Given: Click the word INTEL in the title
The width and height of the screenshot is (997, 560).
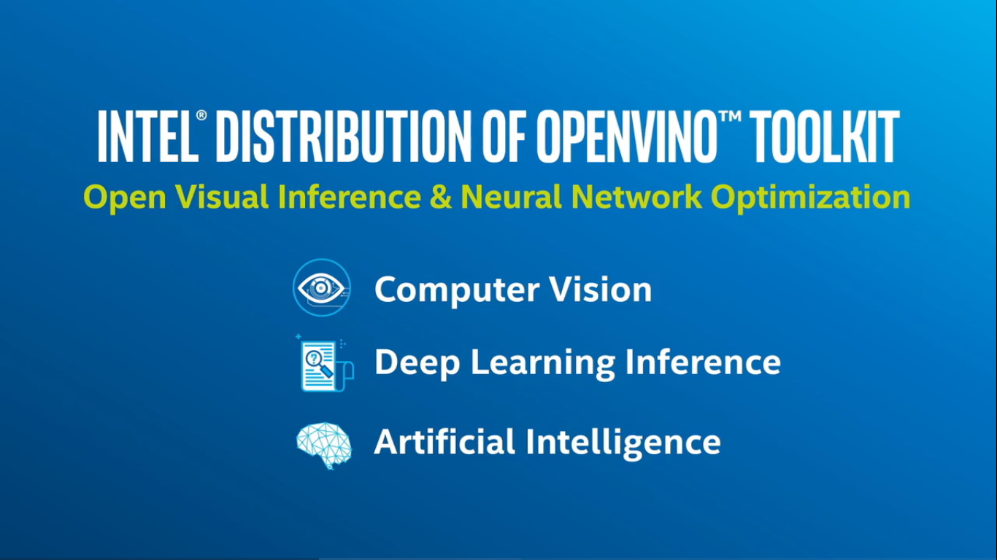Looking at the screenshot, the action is (x=147, y=136).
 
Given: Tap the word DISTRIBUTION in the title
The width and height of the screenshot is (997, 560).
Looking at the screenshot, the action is (x=343, y=136).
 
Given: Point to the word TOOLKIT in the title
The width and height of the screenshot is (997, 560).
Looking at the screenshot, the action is (x=824, y=136).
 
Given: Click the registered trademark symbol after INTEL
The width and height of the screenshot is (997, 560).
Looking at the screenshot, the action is (x=201, y=115).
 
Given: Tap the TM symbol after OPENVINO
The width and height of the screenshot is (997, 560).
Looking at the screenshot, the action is (x=730, y=116).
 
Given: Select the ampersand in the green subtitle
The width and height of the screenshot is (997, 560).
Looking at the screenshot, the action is (x=441, y=197).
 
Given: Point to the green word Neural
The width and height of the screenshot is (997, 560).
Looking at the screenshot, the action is (x=511, y=197).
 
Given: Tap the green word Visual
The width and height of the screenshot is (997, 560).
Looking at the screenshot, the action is (x=222, y=197).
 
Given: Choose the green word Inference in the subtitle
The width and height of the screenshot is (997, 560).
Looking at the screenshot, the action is (x=350, y=197).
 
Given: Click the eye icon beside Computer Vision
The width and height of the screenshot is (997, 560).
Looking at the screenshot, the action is (x=321, y=287).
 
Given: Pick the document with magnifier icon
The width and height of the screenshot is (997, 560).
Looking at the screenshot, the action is (x=325, y=363).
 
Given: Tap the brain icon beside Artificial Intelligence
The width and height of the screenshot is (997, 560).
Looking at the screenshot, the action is (x=324, y=446).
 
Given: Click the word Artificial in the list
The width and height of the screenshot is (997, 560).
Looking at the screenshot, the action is (x=444, y=442).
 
